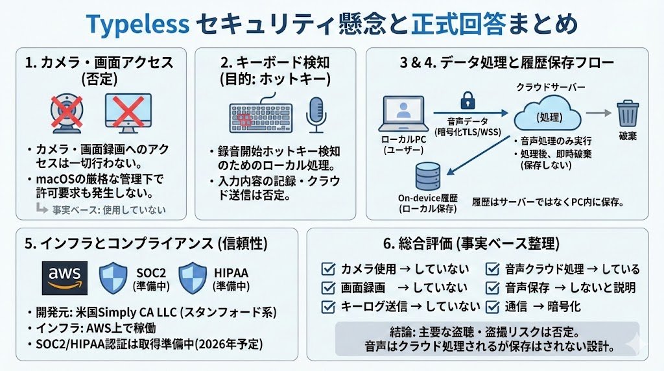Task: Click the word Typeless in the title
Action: click(138, 24)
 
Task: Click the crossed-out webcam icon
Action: click(67, 114)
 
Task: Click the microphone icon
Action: click(316, 114)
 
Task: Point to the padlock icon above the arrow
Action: click(468, 101)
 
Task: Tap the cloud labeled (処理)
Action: click(548, 116)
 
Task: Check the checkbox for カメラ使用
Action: click(329, 269)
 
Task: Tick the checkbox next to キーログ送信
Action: click(329, 306)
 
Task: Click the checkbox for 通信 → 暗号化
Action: click(493, 306)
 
